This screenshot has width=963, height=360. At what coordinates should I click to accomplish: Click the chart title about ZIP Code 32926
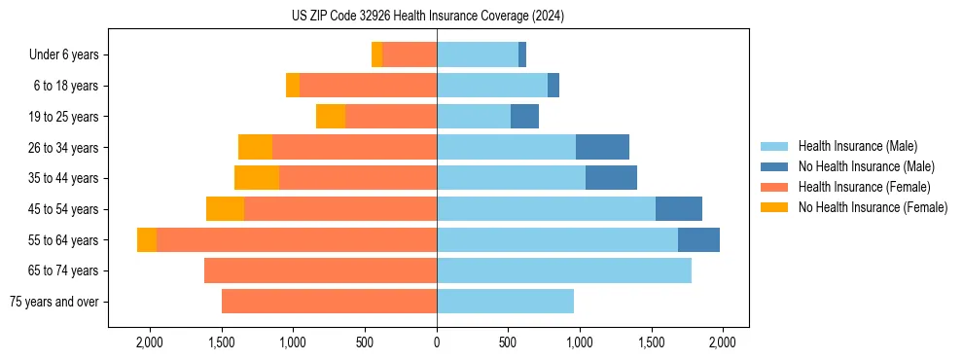427,17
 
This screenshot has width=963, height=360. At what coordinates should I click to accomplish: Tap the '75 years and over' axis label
54,302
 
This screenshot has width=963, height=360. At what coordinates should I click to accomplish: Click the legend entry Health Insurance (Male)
857,146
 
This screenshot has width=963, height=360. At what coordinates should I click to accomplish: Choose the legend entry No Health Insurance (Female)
873,207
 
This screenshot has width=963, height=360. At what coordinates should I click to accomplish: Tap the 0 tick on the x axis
437,342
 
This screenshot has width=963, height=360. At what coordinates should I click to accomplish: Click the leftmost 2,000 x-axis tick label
150,342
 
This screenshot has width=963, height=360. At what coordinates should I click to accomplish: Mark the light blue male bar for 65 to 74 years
564,270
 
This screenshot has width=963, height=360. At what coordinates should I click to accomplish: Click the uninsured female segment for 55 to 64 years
147,240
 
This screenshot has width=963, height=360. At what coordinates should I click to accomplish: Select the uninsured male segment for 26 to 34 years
602,148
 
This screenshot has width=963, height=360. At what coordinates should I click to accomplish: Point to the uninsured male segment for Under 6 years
522,55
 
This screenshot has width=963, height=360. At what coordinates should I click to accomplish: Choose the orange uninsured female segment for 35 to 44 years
257,178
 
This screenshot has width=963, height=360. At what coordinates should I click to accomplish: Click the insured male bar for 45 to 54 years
546,209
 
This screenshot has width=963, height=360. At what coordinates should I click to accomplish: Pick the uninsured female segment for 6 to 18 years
293,86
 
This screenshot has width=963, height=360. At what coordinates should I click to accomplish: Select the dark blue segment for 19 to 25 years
524,117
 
